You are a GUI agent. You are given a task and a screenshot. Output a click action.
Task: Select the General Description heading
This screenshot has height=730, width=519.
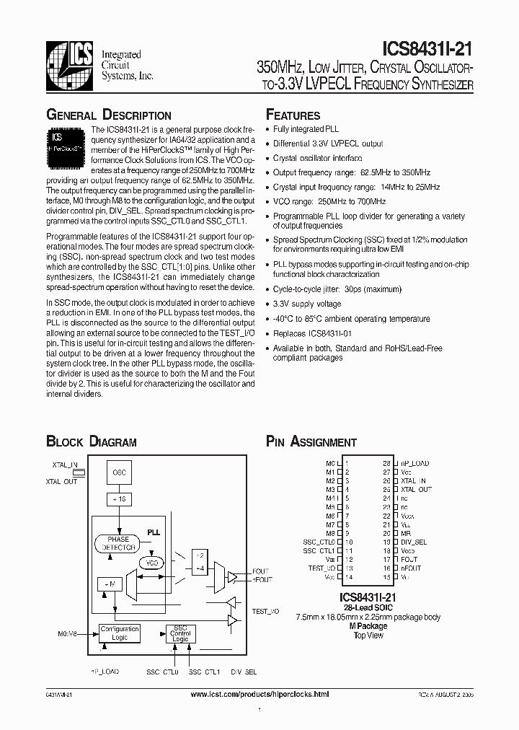pyautogui.click(x=109, y=115)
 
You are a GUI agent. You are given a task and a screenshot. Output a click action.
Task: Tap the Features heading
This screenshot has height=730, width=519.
pyautogui.click(x=293, y=115)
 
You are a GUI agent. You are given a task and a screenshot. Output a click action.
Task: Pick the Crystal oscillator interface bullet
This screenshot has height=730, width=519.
pyautogui.click(x=317, y=157)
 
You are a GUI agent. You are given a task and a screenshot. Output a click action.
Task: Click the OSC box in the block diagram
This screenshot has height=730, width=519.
pyautogui.click(x=119, y=472)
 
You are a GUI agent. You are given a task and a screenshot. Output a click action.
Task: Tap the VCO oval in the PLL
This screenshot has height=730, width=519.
pyautogui.click(x=151, y=563)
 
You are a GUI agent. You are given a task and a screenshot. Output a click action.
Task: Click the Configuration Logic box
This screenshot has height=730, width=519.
pyautogui.click(x=120, y=633)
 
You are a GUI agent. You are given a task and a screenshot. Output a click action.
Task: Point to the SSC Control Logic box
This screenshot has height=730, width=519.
pyautogui.click(x=180, y=633)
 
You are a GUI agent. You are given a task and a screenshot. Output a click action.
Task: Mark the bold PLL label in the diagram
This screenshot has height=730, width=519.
pyautogui.click(x=153, y=531)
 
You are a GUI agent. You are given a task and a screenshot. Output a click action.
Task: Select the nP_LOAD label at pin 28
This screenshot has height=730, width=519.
pyautogui.click(x=414, y=463)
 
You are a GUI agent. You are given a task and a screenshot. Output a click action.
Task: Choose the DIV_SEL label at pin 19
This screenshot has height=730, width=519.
pyautogui.click(x=414, y=542)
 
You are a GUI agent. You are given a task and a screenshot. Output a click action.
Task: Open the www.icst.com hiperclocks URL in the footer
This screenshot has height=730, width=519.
pyautogui.click(x=259, y=694)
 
